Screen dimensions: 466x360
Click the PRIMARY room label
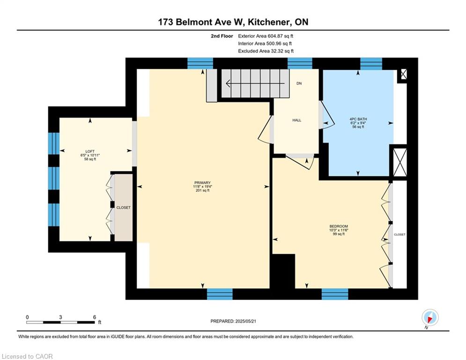coord(202,183)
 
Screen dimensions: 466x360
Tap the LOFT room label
coord(90,151)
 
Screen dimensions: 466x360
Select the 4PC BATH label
coord(358,119)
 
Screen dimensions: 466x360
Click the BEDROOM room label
coord(339,226)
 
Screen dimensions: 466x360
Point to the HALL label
coord(296,120)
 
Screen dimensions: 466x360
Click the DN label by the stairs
coord(299,83)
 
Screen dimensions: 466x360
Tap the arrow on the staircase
coord(256,83)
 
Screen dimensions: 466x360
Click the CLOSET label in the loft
coord(123,208)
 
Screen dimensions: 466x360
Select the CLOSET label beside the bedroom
coord(399,234)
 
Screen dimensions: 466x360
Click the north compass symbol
coord(430,318)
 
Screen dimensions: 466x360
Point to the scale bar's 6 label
coord(95,317)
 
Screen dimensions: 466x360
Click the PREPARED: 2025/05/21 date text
coord(233,321)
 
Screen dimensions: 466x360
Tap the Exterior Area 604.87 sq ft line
coord(266,36)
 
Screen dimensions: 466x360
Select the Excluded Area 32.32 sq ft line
coord(266,51)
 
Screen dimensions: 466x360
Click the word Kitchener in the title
coord(268,22)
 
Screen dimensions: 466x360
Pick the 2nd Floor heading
coord(222,36)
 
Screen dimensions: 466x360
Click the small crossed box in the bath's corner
coord(404,74)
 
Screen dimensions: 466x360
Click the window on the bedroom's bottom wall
coord(335,294)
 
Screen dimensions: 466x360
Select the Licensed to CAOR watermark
coord(27,356)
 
